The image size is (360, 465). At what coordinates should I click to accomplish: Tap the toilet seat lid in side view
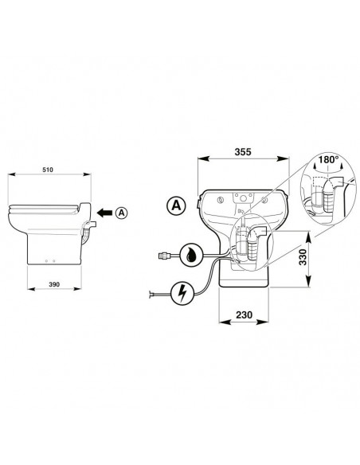click(x=44, y=209)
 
